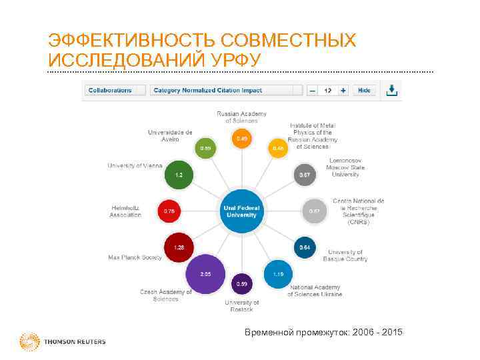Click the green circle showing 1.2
click(179, 175)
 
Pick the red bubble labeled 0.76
click(169, 211)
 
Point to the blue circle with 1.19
click(278, 273)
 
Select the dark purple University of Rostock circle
click(242, 284)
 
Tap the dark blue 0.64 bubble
click(304, 247)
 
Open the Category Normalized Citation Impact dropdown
click(225, 90)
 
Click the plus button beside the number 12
click(343, 90)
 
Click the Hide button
click(364, 90)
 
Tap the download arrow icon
click(392, 89)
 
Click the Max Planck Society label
click(135, 257)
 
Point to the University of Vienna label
click(135, 165)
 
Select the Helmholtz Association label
click(125, 211)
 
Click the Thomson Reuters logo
click(63, 342)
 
